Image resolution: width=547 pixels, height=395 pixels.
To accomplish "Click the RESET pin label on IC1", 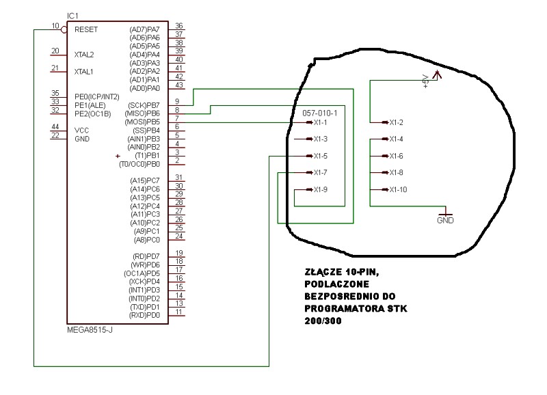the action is tap(86, 29).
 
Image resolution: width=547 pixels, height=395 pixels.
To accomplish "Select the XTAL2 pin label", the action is tap(84, 55).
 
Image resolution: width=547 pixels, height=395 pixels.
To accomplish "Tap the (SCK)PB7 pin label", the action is tap(144, 105).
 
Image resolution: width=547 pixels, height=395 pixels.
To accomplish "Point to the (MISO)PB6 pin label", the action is tap(142, 113).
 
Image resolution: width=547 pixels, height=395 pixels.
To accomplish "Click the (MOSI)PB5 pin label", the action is tap(142, 122).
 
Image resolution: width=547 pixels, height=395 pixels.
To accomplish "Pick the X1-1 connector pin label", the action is tap(320, 122).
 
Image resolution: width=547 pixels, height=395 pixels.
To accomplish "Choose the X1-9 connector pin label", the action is tap(320, 190).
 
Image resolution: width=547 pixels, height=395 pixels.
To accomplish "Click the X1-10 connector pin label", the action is tap(398, 190).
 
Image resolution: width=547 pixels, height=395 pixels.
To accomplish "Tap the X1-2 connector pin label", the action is tap(397, 122).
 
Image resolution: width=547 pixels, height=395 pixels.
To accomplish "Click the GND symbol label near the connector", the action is tap(445, 220).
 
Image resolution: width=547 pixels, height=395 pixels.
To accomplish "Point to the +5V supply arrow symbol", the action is tap(437, 74).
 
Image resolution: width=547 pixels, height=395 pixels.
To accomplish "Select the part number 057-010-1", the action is tap(320, 113).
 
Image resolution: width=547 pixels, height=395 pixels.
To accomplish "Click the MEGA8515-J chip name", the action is tap(90, 330).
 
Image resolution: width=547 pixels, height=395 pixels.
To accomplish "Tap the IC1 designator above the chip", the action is tap(72, 16).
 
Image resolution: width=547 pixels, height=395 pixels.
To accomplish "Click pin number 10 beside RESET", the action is tap(55, 26).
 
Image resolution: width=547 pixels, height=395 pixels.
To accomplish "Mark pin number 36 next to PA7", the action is tap(179, 25).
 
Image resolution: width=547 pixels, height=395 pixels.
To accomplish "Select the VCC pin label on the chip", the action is tap(81, 131).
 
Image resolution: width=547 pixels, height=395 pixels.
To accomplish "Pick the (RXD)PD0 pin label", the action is tap(144, 316).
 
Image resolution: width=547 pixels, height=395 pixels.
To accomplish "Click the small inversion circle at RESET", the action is tap(64, 29).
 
